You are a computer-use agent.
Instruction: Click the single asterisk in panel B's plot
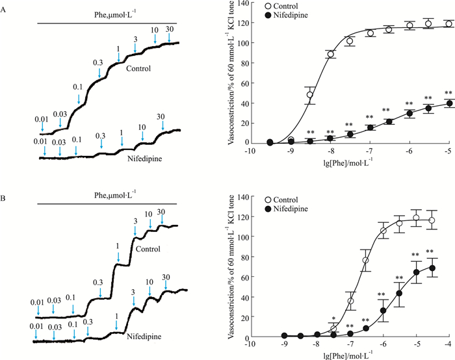(x=333, y=319)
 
